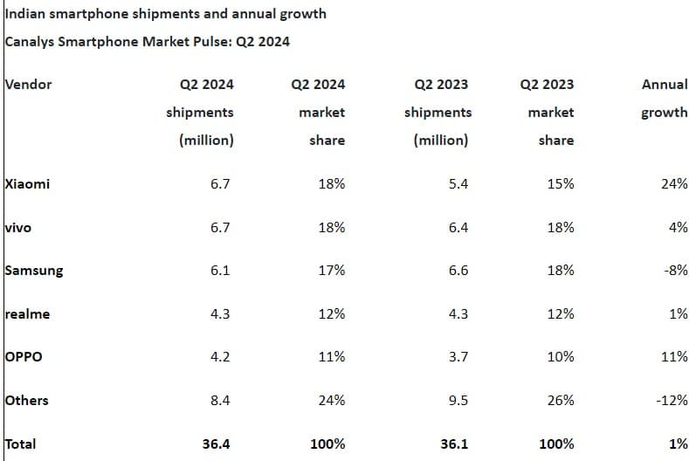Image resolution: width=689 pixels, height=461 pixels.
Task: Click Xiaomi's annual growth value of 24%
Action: pos(674,184)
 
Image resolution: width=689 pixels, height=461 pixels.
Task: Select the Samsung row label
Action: pos(34,270)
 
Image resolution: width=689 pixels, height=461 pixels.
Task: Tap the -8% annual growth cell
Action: pos(676,271)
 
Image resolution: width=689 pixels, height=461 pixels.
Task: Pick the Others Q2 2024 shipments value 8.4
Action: pos(221,401)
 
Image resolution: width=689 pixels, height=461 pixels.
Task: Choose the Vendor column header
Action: pos(29,85)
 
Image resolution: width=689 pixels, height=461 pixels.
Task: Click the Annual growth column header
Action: pos(664,99)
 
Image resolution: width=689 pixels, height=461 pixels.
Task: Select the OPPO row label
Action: pos(24,357)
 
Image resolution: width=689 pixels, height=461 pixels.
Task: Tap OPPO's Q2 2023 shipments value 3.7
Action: pos(458,357)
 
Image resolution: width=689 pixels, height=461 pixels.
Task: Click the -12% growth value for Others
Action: pos(672,401)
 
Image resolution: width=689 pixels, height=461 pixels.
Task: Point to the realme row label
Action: pos(27,313)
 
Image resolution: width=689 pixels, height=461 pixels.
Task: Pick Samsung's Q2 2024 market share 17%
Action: pos(331,271)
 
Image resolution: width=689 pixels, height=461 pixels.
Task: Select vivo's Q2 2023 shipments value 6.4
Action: pos(458,227)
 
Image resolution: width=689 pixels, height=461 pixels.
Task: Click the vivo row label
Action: pos(18,227)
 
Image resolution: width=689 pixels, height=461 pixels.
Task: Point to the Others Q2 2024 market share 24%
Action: pos(331,401)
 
